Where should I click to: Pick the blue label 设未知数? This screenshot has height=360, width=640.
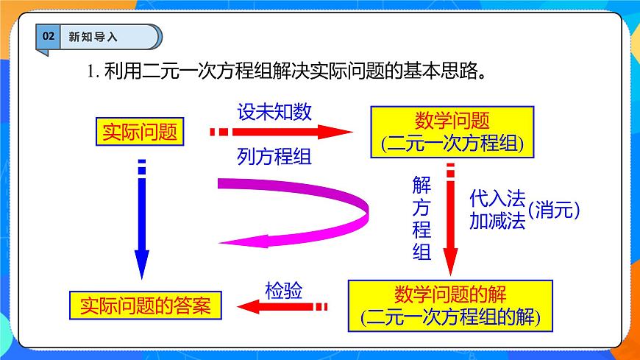[x=274, y=112]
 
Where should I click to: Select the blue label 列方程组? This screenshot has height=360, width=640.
[x=274, y=156]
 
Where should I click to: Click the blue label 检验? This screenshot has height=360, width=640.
[x=283, y=289]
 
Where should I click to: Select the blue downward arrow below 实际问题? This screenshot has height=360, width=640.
[x=142, y=221]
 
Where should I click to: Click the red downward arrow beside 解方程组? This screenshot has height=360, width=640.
[x=449, y=221]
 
